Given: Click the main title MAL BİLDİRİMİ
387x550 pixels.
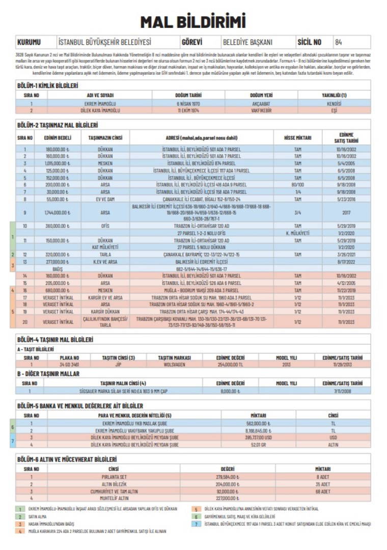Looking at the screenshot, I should (193, 22).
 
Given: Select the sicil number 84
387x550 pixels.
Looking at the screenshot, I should (339, 42).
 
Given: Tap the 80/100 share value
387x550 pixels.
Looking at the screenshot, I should (298, 185).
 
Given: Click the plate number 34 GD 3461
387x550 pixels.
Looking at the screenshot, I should (69, 364).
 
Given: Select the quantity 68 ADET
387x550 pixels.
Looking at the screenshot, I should (323, 491).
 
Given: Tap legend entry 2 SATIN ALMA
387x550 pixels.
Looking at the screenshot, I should (40, 516).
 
